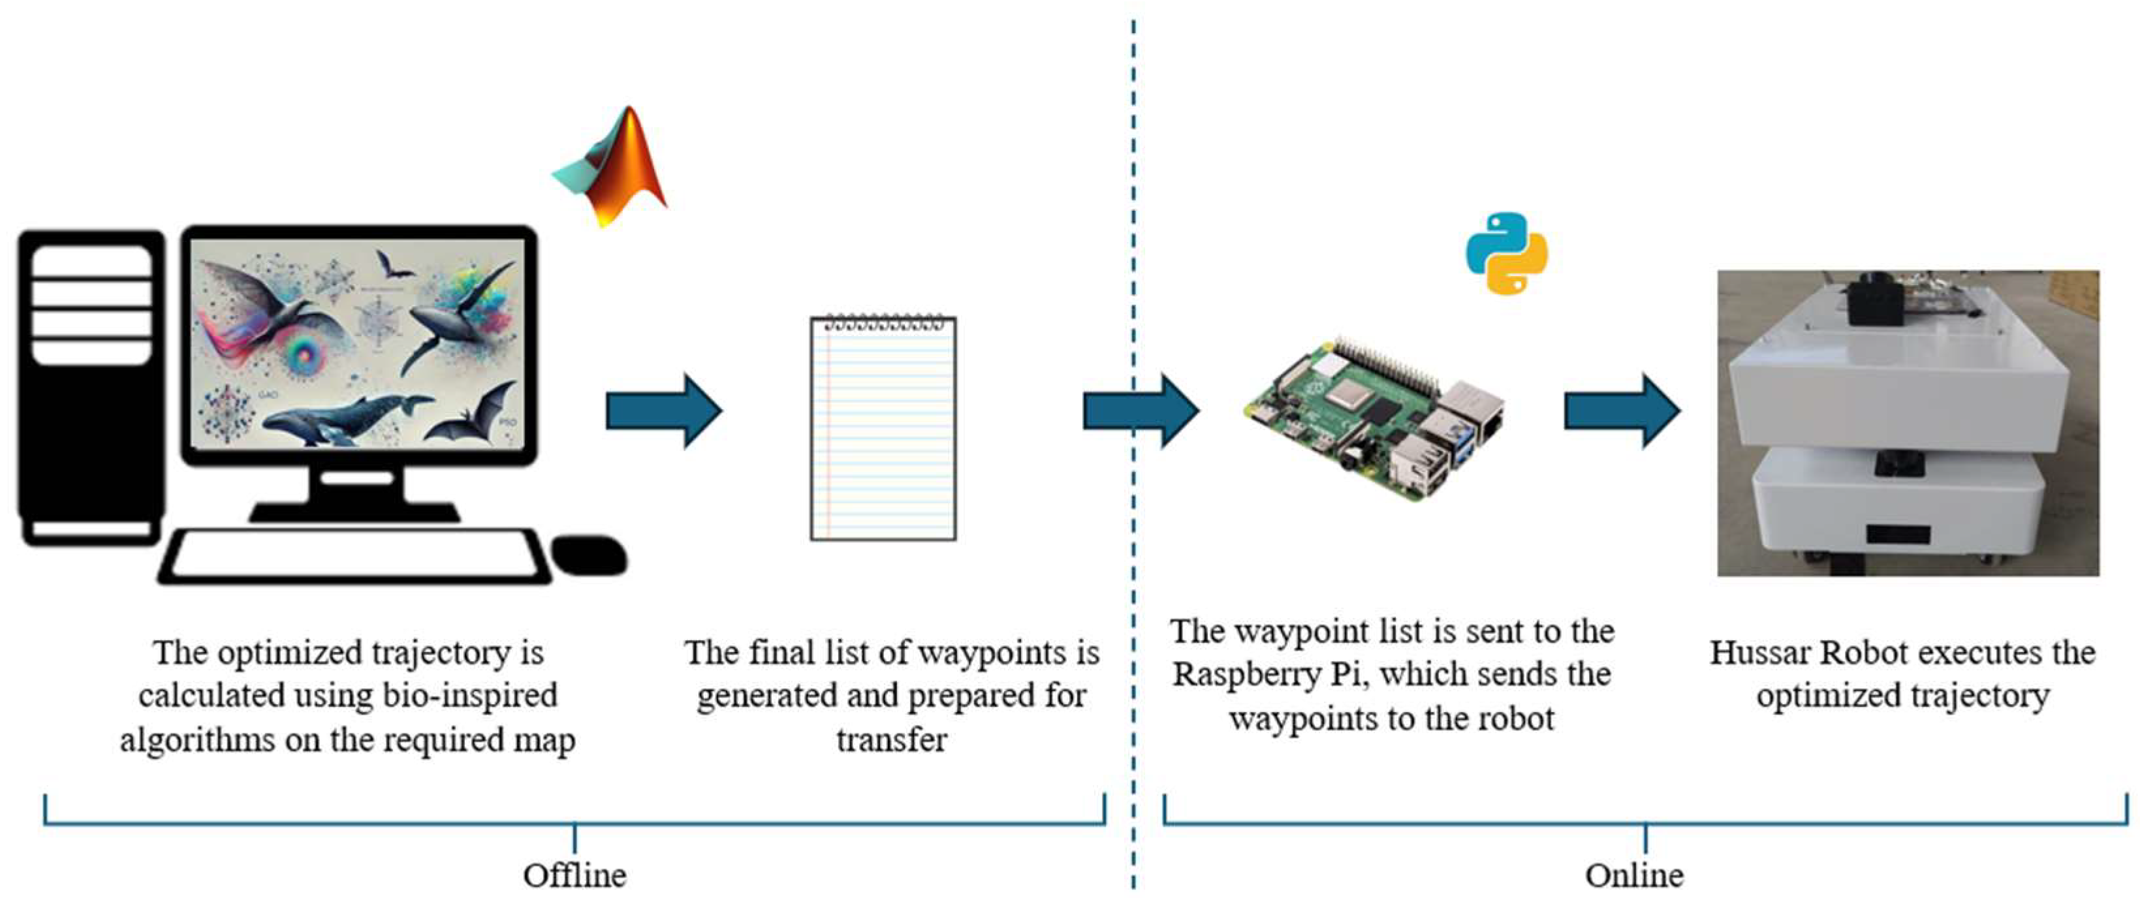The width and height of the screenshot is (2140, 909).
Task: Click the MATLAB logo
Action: point(610,166)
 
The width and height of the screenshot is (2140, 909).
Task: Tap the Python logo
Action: point(1507,253)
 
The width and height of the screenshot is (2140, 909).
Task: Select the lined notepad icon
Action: point(883,427)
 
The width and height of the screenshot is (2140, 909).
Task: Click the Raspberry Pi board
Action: point(1375,419)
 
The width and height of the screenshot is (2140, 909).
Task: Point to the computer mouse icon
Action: point(590,555)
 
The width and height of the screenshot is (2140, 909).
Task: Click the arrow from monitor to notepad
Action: point(664,411)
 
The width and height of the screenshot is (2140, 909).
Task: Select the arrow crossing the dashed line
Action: point(1141,411)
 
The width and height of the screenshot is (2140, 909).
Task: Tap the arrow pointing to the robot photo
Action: point(1622,411)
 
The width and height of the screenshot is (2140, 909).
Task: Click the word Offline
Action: point(575,876)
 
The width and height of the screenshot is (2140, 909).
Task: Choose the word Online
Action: point(1634,876)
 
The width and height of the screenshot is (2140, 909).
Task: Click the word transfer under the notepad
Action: point(891,739)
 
